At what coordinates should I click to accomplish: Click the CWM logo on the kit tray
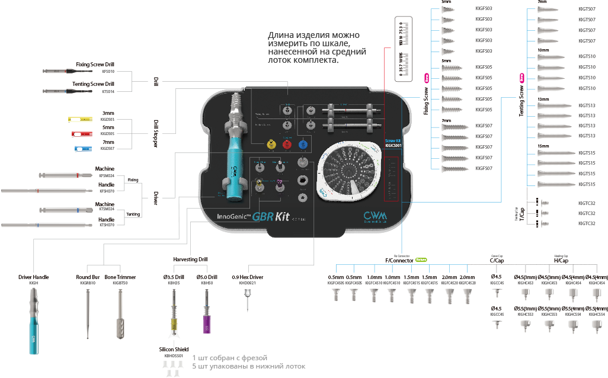(375, 217)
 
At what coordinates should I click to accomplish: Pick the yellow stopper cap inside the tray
(271, 144)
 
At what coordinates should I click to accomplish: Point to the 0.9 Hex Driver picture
(247, 301)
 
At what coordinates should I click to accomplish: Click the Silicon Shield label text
(174, 349)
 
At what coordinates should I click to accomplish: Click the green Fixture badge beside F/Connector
(421, 259)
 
